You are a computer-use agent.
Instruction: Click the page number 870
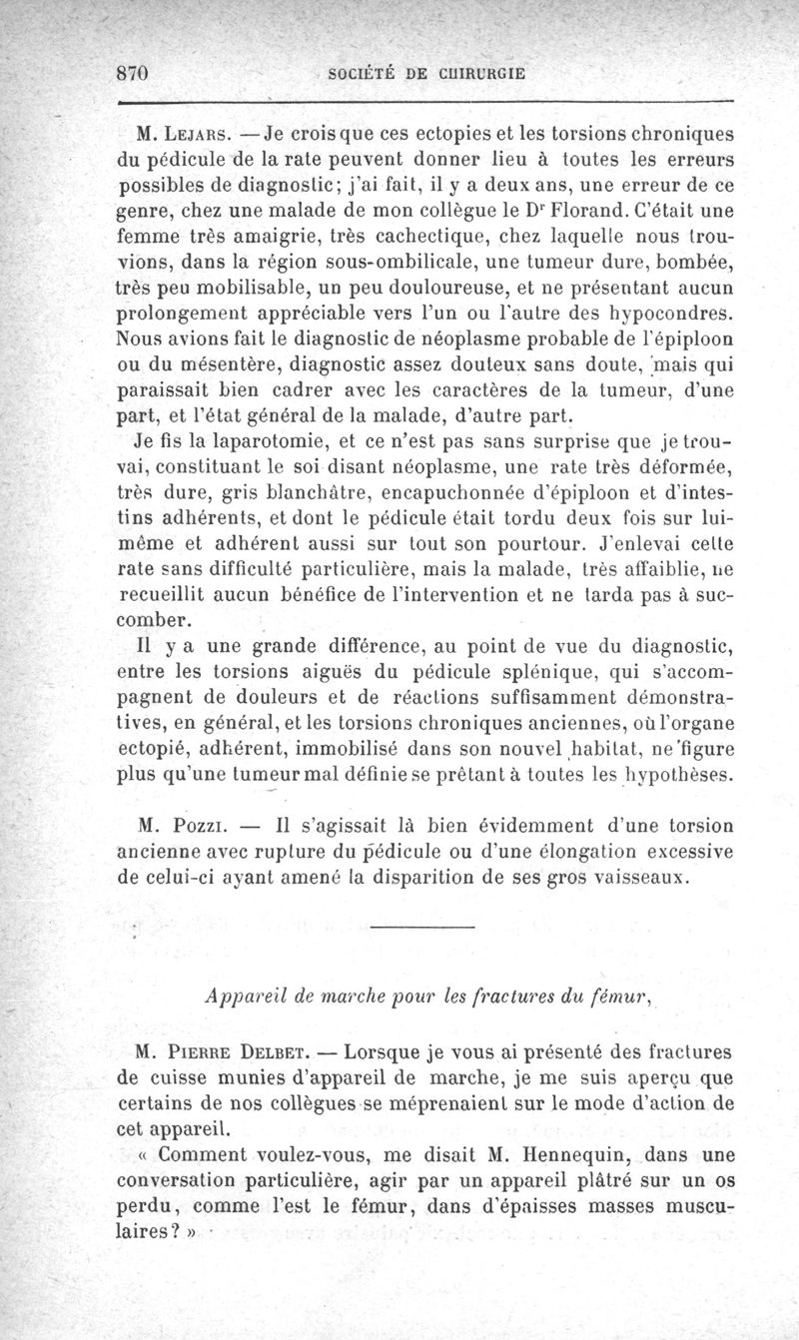coord(132,73)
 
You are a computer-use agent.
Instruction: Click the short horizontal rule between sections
coord(418,931)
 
